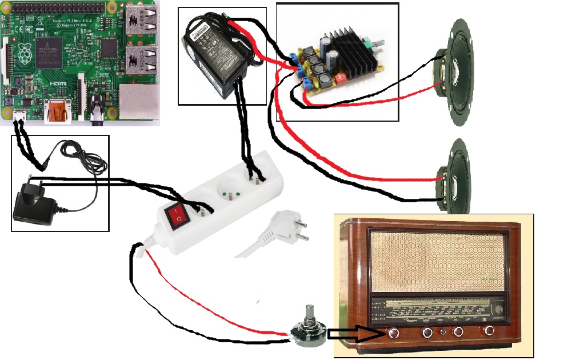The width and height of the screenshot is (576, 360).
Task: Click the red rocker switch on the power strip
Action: tap(177, 214)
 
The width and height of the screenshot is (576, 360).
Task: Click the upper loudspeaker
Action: tap(457, 72)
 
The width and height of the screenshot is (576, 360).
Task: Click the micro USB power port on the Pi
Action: tap(19, 116)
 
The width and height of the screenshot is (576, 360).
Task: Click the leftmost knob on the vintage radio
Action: tap(394, 333)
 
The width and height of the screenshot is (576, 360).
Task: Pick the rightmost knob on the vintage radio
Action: tap(490, 331)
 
